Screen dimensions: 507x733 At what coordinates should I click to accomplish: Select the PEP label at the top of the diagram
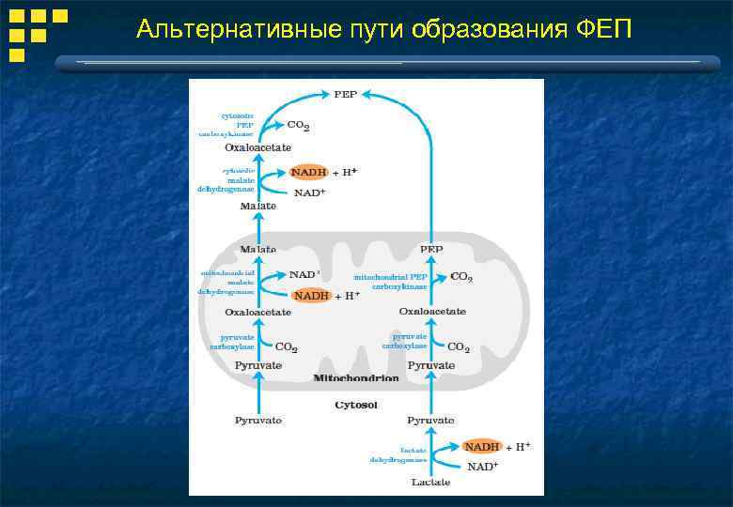345,94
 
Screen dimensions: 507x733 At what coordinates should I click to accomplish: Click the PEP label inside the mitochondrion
431,249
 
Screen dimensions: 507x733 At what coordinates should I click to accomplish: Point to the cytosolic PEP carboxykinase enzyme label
226,125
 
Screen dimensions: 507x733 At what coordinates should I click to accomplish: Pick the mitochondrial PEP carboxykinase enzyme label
391,282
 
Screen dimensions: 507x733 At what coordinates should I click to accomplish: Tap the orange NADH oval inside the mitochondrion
311,295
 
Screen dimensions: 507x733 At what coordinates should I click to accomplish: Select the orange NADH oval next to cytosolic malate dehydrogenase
308,173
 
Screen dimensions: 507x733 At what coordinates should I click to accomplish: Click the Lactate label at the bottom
430,483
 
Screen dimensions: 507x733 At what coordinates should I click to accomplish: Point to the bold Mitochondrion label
356,378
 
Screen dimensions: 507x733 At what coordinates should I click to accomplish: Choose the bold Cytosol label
356,406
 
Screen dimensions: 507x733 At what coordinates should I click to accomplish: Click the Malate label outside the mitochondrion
257,206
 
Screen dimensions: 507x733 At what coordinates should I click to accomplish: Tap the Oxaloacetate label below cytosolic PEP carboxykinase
257,147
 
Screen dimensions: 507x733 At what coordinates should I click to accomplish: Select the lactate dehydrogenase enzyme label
398,454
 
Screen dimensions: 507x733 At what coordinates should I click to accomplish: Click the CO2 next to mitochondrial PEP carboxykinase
461,277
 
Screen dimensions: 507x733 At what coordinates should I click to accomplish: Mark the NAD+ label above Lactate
482,467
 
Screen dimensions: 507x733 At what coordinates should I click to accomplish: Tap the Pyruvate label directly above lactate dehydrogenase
430,420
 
